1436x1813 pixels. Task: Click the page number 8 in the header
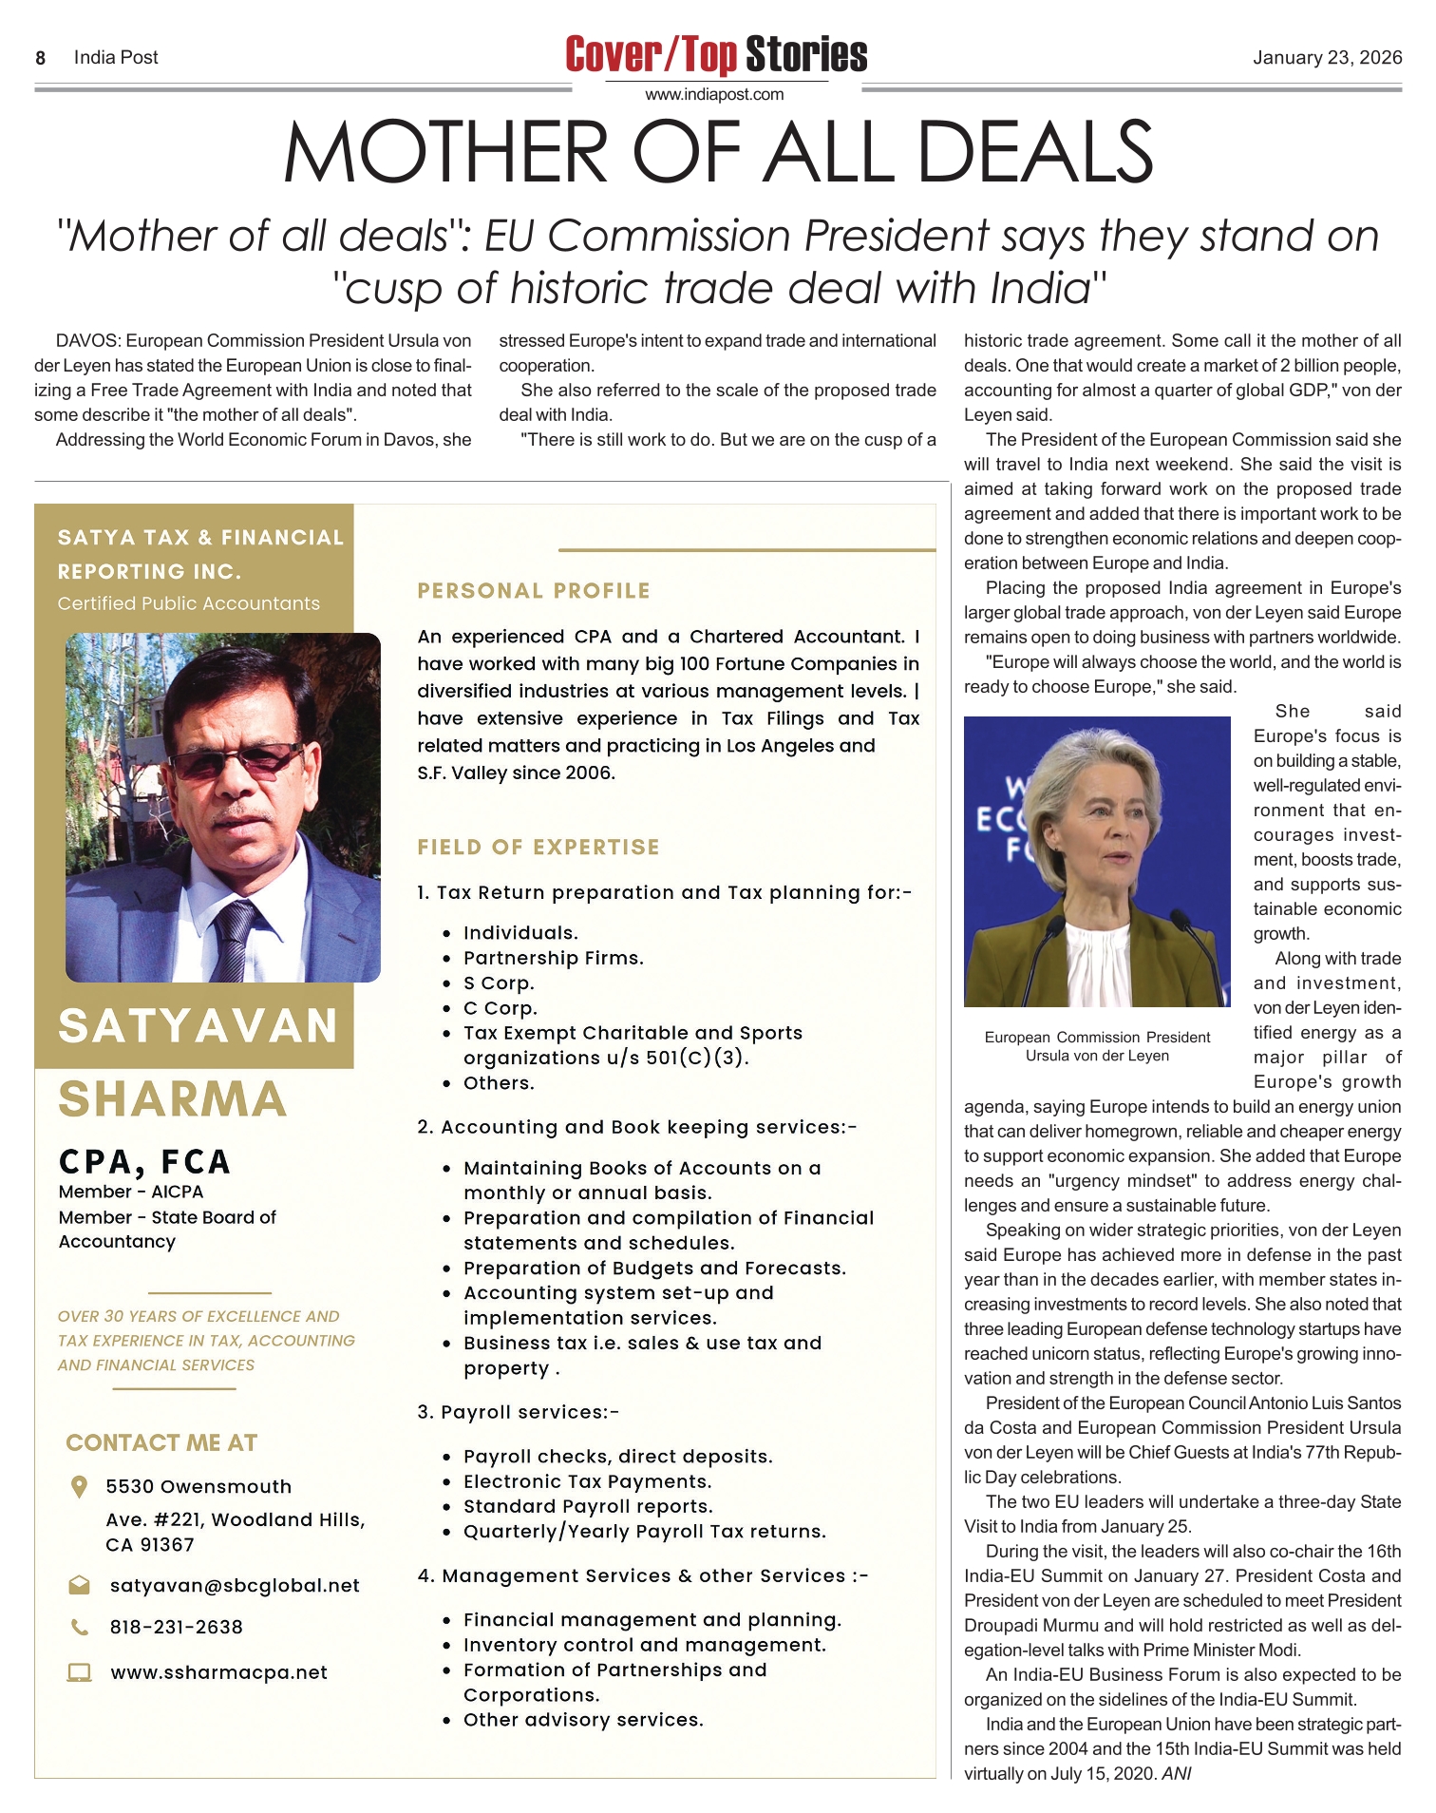click(41, 58)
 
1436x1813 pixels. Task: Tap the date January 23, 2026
click(1326, 58)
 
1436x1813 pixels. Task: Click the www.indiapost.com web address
click(714, 94)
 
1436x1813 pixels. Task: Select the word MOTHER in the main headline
click(445, 153)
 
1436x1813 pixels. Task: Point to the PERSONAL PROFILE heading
click(534, 591)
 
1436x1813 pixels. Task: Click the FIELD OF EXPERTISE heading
click(538, 848)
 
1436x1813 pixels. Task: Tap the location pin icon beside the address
click(80, 1487)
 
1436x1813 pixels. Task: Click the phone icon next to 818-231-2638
click(80, 1628)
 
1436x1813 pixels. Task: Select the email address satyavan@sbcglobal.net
click(235, 1586)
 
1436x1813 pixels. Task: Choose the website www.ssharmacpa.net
click(218, 1673)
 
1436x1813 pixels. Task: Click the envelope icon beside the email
click(80, 1585)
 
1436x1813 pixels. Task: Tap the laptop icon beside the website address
click(80, 1673)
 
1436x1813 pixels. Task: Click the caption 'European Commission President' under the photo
click(1097, 1038)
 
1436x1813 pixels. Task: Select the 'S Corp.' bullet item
click(499, 983)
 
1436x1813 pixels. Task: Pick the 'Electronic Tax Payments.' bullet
click(587, 1481)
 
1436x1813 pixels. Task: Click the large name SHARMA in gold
click(173, 1099)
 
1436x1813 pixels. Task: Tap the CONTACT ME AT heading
click(161, 1443)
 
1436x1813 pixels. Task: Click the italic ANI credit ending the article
click(1176, 1774)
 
